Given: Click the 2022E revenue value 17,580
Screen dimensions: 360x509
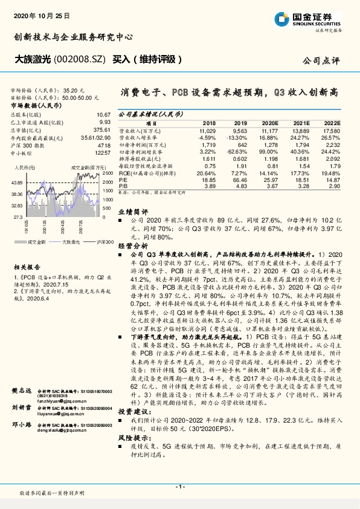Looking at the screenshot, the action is pyautogui.click(x=332, y=131).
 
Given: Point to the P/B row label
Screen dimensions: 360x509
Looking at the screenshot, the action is pyautogui.click(x=123, y=186).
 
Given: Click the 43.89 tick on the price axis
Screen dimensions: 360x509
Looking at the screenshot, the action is pyautogui.click(x=16, y=182).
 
